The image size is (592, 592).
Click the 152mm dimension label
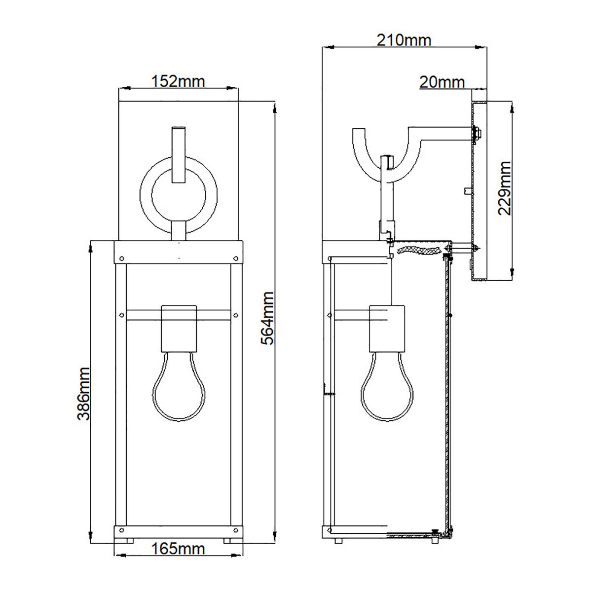coord(178,80)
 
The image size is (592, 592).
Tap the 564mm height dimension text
coord(266,318)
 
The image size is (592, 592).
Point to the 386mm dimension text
coord(84,393)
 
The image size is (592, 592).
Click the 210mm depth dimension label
coord(404,39)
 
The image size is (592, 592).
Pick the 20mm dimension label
coord(442,82)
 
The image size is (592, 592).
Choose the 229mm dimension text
coord(504,188)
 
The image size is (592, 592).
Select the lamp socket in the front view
coord(179,327)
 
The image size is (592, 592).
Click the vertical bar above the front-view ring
coord(178,154)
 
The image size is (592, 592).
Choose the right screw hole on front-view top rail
coord(236,258)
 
